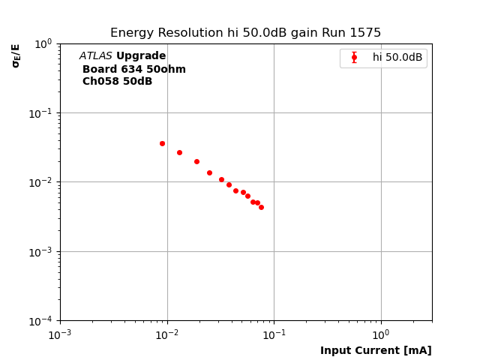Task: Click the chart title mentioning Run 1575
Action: (245, 33)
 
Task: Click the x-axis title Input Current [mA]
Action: (376, 350)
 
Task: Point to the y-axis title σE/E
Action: (16, 55)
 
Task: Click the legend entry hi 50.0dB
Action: (397, 58)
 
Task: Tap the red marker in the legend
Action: (354, 58)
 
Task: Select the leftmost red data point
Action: (162, 143)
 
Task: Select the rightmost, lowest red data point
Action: (261, 207)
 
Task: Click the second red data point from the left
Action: (179, 152)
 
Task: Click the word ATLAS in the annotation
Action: (95, 56)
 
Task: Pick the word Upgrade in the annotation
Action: (141, 56)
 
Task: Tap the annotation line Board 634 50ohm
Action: (133, 69)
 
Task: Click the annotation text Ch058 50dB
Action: (117, 82)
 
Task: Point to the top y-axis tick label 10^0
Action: (43, 43)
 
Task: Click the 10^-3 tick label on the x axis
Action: (60, 334)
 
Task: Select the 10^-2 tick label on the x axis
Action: (167, 334)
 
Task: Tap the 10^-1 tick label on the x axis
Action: (274, 334)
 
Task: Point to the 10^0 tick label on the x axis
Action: (381, 334)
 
